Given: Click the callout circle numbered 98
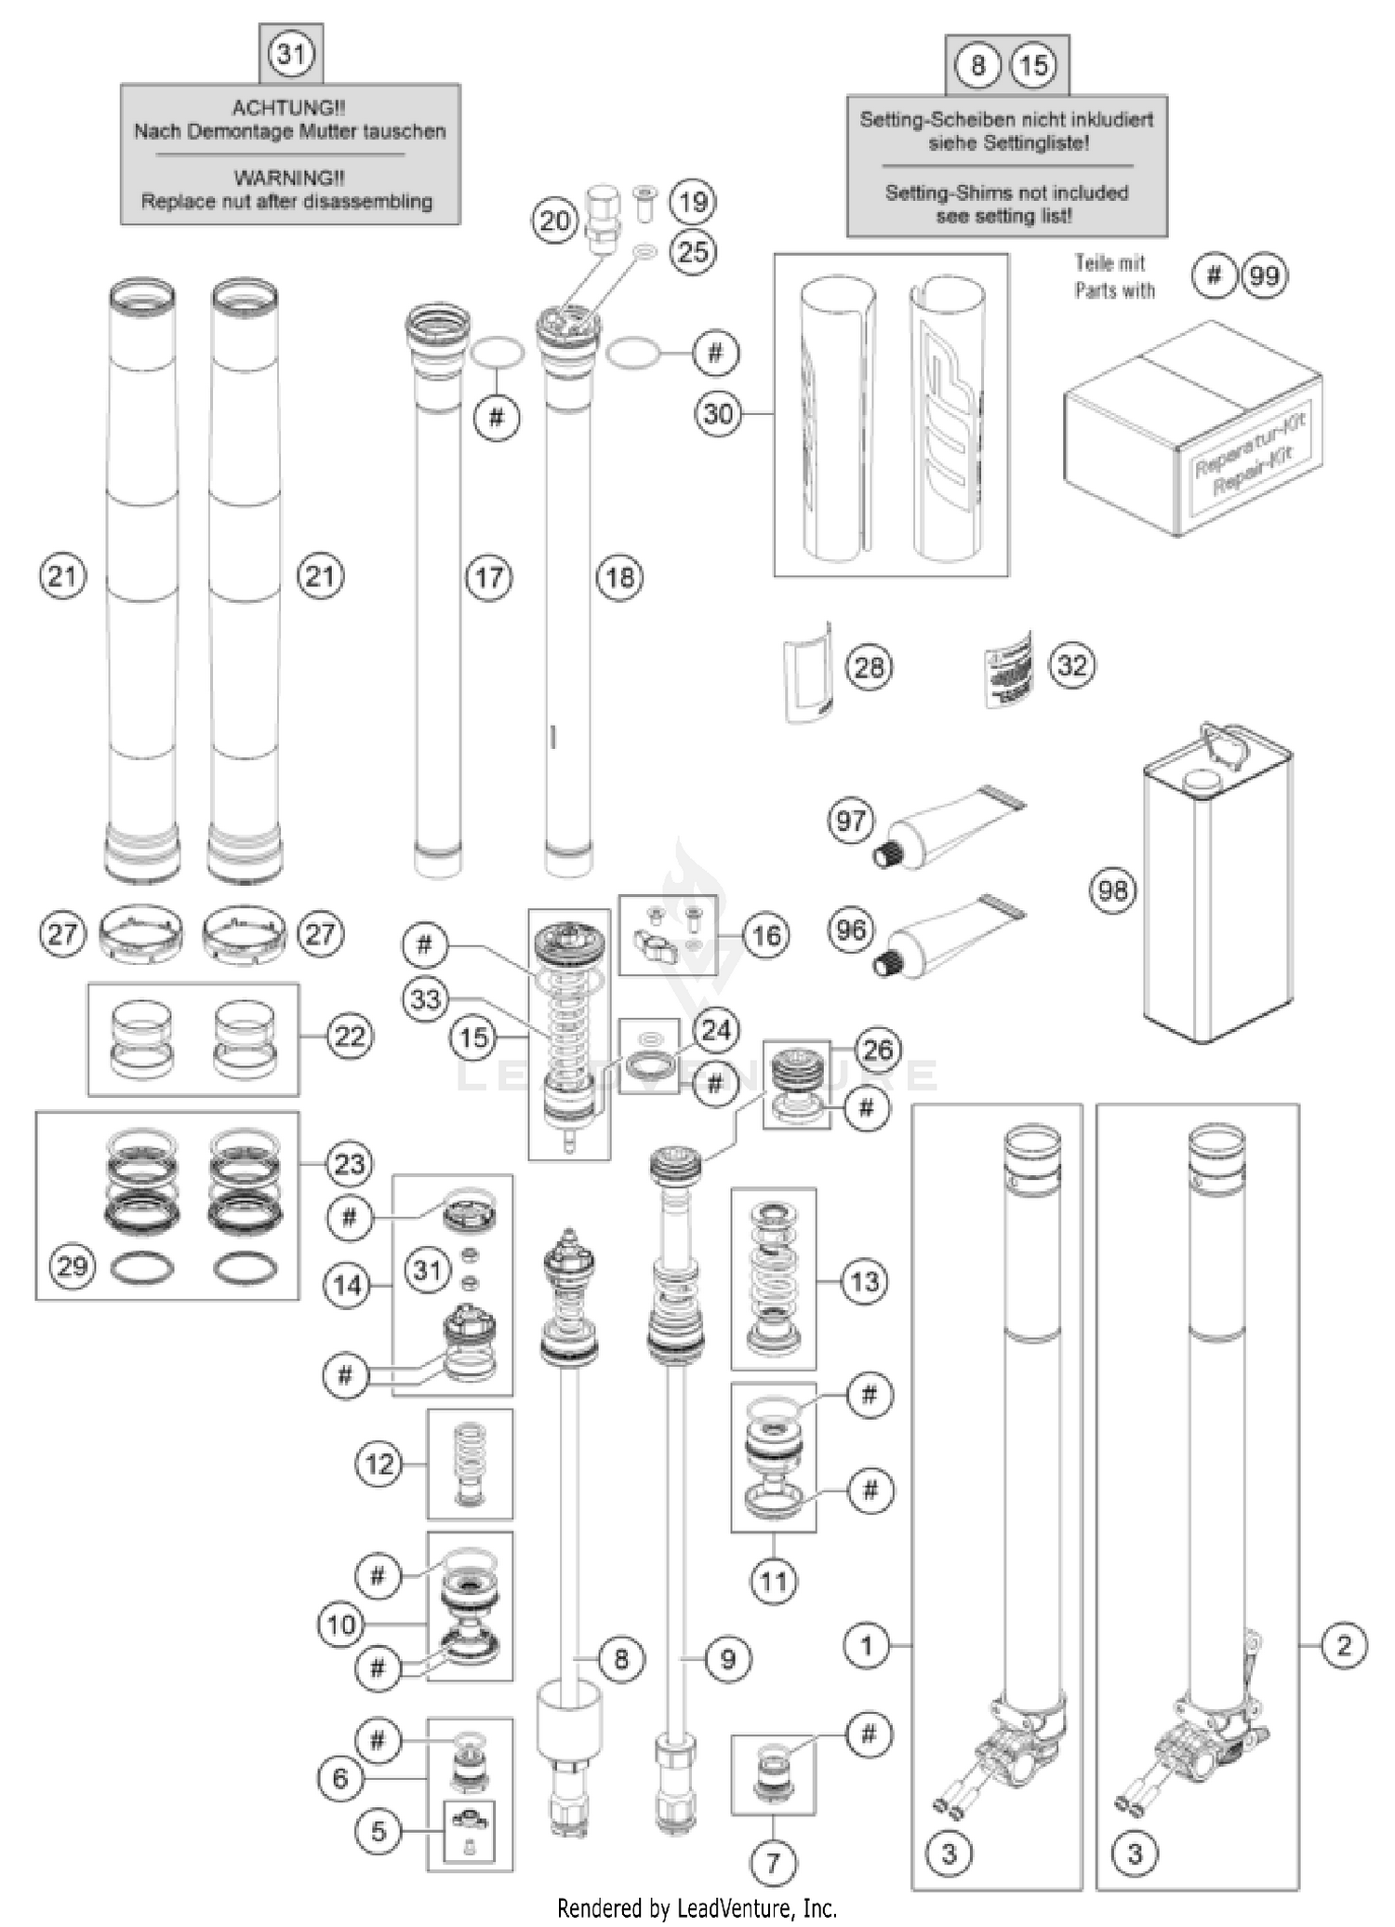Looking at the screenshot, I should coord(1113,890).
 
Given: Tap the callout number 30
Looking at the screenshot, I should coord(718,413).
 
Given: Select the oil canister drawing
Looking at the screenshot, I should coord(1216,893).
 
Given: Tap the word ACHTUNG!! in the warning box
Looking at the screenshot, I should coord(288,108).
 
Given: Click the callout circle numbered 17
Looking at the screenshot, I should coord(489,578).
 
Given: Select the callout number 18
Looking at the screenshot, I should coord(620,578).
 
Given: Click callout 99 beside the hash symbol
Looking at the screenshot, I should coord(1265,276).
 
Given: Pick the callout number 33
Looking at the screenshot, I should coord(426,999).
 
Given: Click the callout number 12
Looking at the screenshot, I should coord(379,1465).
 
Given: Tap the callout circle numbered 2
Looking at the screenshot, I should coord(1343,1646).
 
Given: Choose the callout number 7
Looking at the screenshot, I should coord(773,1862).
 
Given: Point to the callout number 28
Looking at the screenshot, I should coord(869,667).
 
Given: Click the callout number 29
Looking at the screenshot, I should coord(73,1265).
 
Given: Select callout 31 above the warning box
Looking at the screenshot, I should coord(291,53).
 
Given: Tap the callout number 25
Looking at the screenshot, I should coord(693,251).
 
